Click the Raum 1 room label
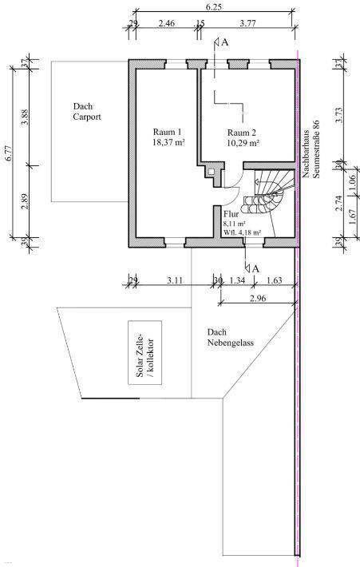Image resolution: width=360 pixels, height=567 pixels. pyautogui.click(x=167, y=132)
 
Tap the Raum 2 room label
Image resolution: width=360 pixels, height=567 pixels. pyautogui.click(x=242, y=133)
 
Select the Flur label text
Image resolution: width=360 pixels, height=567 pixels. pyautogui.click(x=231, y=214)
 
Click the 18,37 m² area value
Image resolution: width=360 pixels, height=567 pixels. pyautogui.click(x=168, y=142)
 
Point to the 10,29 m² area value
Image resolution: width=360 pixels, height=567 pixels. pyautogui.click(x=243, y=143)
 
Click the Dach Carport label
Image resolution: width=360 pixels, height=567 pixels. pyautogui.click(x=87, y=112)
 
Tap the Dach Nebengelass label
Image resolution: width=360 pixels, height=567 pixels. pyautogui.click(x=230, y=337)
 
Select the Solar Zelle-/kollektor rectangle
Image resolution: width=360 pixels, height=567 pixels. pyautogui.click(x=145, y=352)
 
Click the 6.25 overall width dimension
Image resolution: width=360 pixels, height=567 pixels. pyautogui.click(x=214, y=7)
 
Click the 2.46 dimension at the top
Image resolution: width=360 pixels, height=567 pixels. pyautogui.click(x=167, y=23)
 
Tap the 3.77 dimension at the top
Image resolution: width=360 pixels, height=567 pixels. pyautogui.click(x=248, y=23)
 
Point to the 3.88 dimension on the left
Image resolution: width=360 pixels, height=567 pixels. pyautogui.click(x=25, y=117)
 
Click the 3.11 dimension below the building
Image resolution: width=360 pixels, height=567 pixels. pyautogui.click(x=175, y=280)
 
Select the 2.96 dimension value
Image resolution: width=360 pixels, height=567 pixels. pyautogui.click(x=258, y=299)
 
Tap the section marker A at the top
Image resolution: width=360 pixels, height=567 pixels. pyautogui.click(x=224, y=42)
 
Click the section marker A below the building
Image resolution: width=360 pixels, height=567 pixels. pyautogui.click(x=255, y=269)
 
